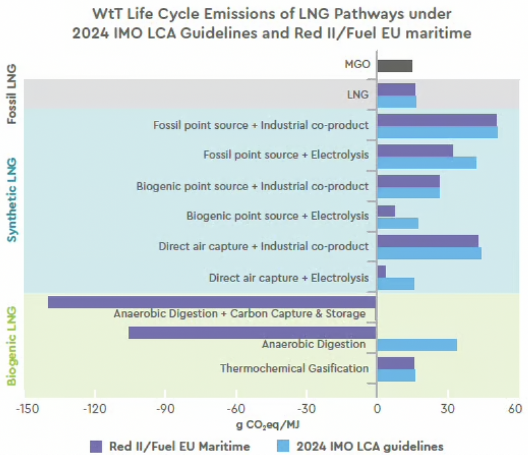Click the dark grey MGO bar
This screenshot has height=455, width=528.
coord(394,65)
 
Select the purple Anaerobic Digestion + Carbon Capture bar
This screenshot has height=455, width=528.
coord(212,302)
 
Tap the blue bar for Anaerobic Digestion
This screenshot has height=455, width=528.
coord(416,344)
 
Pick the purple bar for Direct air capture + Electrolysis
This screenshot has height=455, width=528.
coord(381,271)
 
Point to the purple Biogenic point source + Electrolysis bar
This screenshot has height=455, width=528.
coord(385,211)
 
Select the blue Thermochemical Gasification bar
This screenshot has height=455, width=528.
coord(396,375)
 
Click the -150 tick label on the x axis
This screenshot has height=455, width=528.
coord(24,409)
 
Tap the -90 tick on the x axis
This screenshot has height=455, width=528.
coord(166,409)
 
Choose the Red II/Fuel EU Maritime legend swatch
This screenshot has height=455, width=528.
coord(97,446)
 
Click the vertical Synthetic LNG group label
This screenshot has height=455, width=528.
coord(11,199)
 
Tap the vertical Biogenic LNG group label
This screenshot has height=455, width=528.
coord(11,343)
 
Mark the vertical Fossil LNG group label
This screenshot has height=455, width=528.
coord(11,94)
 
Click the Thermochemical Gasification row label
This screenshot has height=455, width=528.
coord(294,368)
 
